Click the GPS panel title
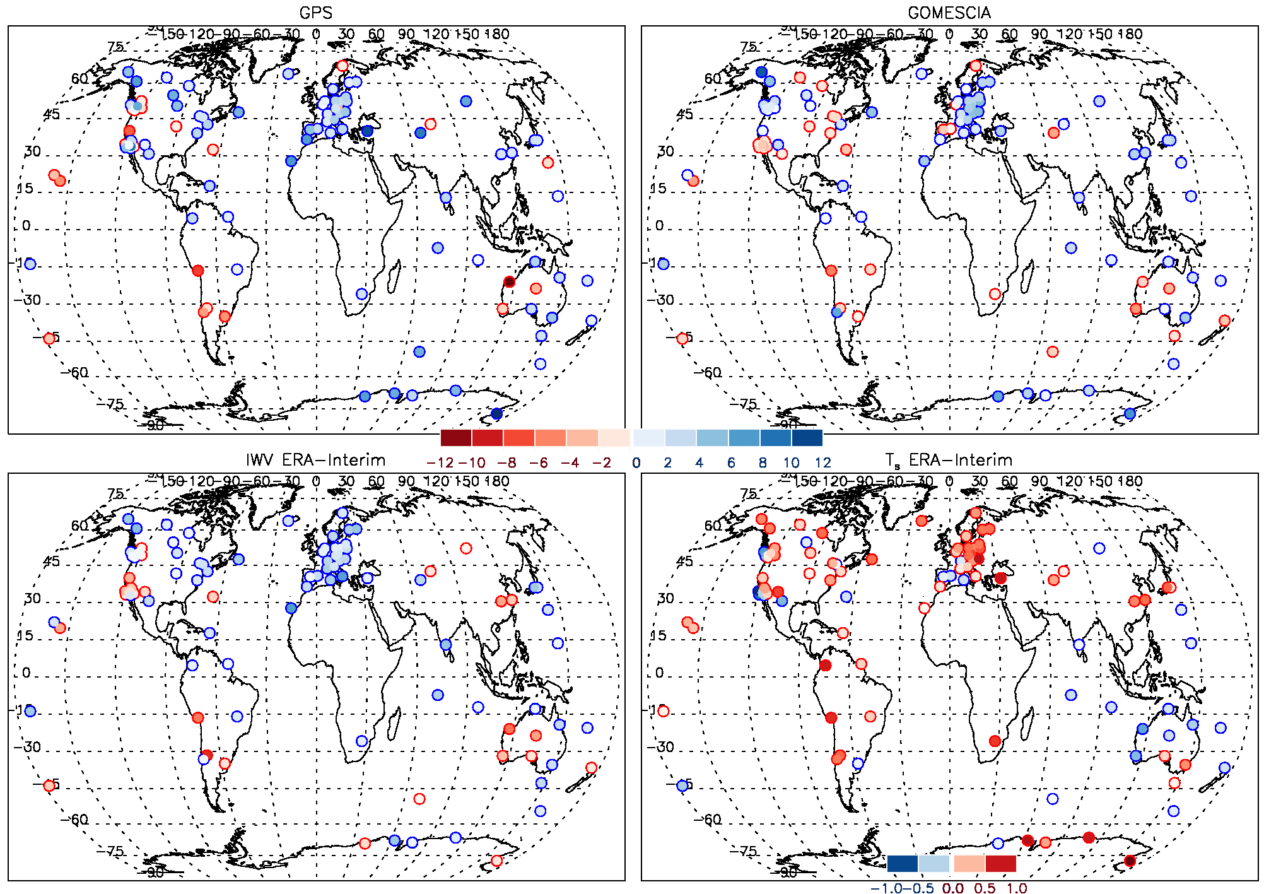pyautogui.click(x=315, y=13)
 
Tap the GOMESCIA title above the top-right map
pyautogui.click(x=949, y=13)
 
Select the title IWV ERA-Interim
pyautogui.click(x=315, y=460)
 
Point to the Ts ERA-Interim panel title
pyautogui.click(x=949, y=461)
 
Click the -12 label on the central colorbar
pyautogui.click(x=440, y=462)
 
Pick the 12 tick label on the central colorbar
pyautogui.click(x=822, y=462)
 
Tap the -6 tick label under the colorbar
pyautogui.click(x=538, y=462)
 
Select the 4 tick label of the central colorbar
pyautogui.click(x=699, y=462)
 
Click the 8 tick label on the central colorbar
pyautogui.click(x=762, y=462)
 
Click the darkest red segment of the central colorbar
pyautogui.click(x=456, y=438)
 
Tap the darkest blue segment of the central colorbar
pyautogui.click(x=807, y=438)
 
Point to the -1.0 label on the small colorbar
pyautogui.click(x=886, y=888)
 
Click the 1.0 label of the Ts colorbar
pyautogui.click(x=1016, y=888)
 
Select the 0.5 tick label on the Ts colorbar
pyautogui.click(x=984, y=888)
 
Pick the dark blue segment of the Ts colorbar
pyautogui.click(x=903, y=863)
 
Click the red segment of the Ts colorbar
pyautogui.click(x=1000, y=863)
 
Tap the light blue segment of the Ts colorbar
pyautogui.click(x=934, y=863)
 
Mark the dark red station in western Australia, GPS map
pyautogui.click(x=509, y=281)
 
